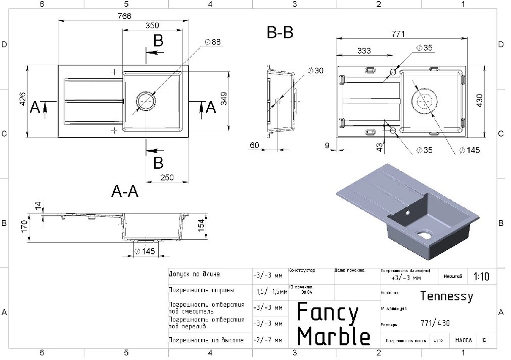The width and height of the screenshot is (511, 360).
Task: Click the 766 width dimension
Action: tap(124, 16)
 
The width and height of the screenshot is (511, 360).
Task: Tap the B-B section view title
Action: tap(280, 33)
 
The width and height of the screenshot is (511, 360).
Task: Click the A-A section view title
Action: tap(125, 192)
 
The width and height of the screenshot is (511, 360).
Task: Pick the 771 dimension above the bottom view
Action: tap(398, 34)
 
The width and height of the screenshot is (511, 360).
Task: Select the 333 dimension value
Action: tap(364, 51)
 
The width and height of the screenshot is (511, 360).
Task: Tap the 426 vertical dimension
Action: tap(22, 101)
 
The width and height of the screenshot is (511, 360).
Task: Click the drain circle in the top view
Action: tap(146, 101)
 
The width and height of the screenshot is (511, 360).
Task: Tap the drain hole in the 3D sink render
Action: tap(423, 234)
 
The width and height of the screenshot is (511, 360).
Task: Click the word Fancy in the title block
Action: tap(327, 312)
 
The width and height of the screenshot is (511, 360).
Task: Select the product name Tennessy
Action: tap(447, 296)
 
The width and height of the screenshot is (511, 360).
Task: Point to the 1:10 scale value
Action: tap(481, 277)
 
